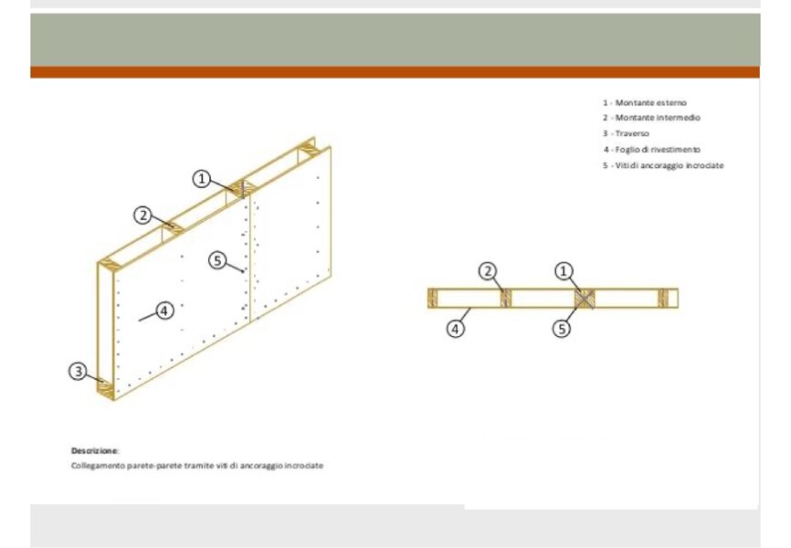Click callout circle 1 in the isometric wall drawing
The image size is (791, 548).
pyautogui.click(x=201, y=179)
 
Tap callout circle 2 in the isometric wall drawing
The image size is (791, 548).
pyautogui.click(x=142, y=216)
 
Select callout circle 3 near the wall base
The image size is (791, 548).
pyautogui.click(x=78, y=372)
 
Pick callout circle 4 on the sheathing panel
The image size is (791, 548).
pyautogui.click(x=164, y=311)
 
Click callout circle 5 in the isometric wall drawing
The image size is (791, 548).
pyautogui.click(x=217, y=260)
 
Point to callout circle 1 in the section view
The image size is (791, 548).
pyautogui.click(x=564, y=271)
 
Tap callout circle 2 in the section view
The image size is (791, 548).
pyautogui.click(x=488, y=271)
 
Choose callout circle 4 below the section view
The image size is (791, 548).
pyautogui.click(x=455, y=329)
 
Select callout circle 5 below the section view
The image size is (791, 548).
pyautogui.click(x=562, y=329)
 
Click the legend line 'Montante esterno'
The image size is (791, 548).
pyautogui.click(x=645, y=103)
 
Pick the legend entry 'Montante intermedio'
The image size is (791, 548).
pyautogui.click(x=651, y=118)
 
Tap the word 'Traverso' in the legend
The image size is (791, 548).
pyautogui.click(x=632, y=133)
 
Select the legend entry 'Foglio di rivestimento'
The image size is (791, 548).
pyautogui.click(x=652, y=150)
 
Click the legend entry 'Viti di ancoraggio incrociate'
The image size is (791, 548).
pyautogui.click(x=663, y=165)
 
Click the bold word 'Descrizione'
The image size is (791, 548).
pyautogui.click(x=94, y=450)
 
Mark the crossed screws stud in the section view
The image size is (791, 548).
pyautogui.click(x=585, y=299)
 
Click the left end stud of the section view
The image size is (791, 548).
pyautogui.click(x=432, y=299)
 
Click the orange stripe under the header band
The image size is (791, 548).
pyautogui.click(x=395, y=72)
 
